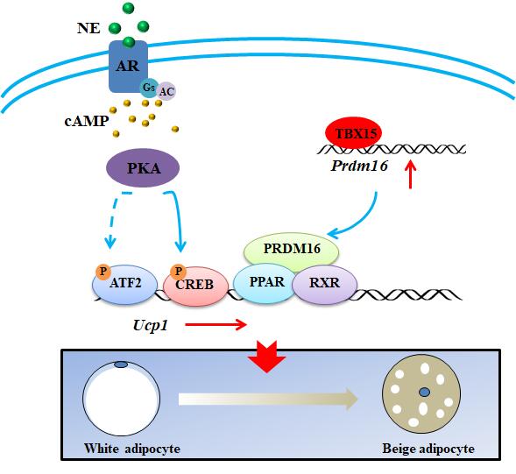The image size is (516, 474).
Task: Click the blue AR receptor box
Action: click(128, 67)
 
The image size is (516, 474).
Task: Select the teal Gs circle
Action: click(149, 88)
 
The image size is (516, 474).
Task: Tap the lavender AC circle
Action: click(166, 91)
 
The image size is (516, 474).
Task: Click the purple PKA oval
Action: click(143, 168)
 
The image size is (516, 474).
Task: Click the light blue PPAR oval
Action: click(265, 283)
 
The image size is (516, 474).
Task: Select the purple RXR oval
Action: click(324, 284)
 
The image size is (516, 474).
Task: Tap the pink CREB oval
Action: click(195, 286)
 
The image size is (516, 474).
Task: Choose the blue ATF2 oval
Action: click(125, 284)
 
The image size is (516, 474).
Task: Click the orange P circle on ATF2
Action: click(103, 272)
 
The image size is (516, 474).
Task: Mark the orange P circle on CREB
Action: click(179, 272)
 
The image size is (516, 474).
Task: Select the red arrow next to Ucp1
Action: click(216, 325)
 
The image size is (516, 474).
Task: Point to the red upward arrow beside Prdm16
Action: click(410, 173)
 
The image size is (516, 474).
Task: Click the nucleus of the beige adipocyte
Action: click(425, 392)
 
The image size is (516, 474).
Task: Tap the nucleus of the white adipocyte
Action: click(121, 364)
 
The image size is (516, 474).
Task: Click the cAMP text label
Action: click(87, 121)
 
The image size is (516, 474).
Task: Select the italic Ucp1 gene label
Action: click(151, 325)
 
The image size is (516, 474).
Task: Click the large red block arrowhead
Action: click(266, 357)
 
